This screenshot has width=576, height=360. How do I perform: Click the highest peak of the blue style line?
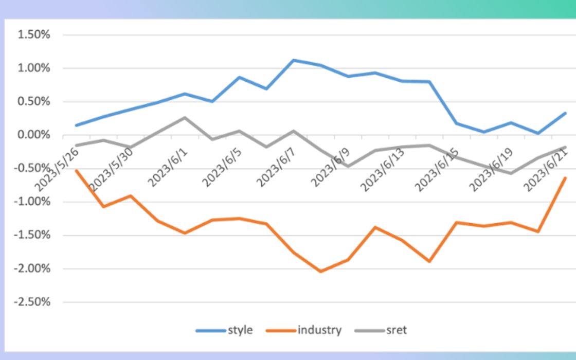click(294, 60)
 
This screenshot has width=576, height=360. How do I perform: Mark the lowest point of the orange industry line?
click(321, 272)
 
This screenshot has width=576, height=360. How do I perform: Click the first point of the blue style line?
click(76, 125)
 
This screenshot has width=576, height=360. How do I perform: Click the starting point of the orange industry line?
click(76, 170)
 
